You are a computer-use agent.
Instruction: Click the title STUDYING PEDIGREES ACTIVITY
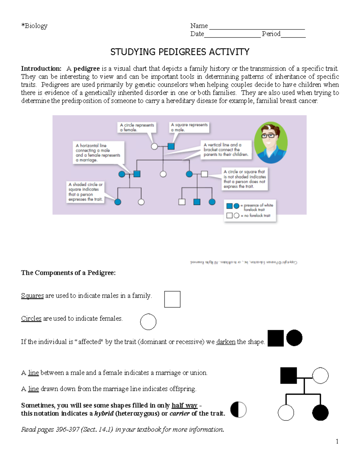[x=180, y=52]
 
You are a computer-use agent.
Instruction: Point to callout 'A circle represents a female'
[x=137, y=127]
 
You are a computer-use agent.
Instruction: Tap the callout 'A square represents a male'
[x=189, y=127]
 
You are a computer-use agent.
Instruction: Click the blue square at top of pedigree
[x=171, y=146]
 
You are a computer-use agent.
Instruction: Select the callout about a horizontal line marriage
[x=98, y=152]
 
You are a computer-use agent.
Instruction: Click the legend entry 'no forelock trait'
[x=249, y=215]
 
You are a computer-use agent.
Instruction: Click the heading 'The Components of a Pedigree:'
[x=68, y=273]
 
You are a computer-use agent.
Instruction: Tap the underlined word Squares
[x=32, y=296]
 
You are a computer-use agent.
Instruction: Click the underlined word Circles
[x=31, y=319]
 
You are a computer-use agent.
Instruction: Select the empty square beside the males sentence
[x=172, y=299]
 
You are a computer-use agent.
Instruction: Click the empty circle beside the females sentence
[x=148, y=322]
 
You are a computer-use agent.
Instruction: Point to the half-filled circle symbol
[x=238, y=410]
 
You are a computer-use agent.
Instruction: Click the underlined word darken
[x=226, y=342]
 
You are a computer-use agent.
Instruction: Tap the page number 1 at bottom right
[x=337, y=441]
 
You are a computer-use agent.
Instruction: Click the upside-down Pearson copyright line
[x=243, y=262]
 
